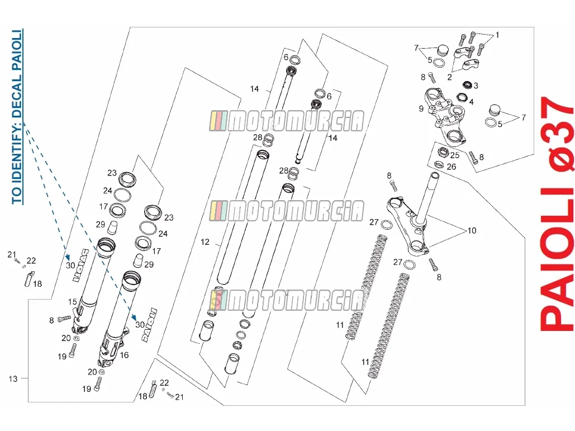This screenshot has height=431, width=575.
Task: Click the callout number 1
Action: pyautogui.click(x=497, y=35)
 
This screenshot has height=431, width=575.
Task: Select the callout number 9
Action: pyautogui.click(x=421, y=108)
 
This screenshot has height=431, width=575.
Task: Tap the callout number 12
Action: pyautogui.click(x=205, y=242)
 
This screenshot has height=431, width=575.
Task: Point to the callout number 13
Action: pyautogui.click(x=13, y=378)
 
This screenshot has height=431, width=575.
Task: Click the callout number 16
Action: pyautogui.click(x=124, y=355)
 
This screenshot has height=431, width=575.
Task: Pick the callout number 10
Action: pyautogui.click(x=472, y=231)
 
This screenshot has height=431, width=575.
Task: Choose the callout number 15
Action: pyautogui.click(x=73, y=301)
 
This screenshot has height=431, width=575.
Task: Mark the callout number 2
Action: pyautogui.click(x=449, y=77)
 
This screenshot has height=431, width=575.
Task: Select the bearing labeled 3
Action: pyautogui.click(x=467, y=85)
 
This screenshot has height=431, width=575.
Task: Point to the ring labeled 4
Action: pyautogui.click(x=462, y=98)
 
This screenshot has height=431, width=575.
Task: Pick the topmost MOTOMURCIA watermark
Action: pyautogui.click(x=287, y=121)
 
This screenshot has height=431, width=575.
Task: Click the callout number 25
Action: pyautogui.click(x=455, y=155)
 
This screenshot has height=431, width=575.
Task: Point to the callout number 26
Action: pyautogui.click(x=452, y=167)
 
